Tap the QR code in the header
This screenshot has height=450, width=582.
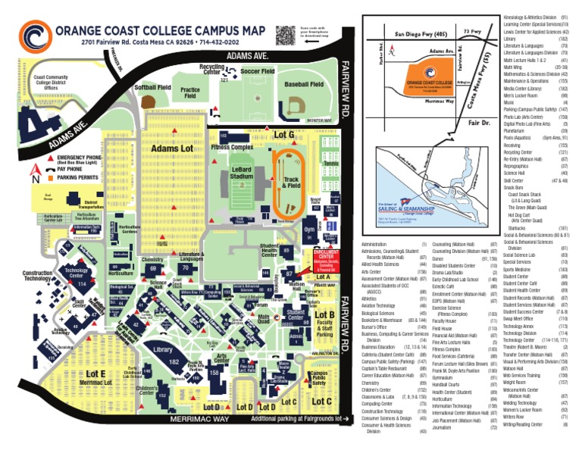click(285, 35)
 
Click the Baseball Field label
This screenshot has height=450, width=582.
click(304, 86)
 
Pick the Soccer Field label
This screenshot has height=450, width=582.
click(257, 71)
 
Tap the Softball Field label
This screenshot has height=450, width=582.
click(153, 88)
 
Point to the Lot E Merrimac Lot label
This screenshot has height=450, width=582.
click(96, 377)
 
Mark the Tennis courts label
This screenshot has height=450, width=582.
click(331, 162)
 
